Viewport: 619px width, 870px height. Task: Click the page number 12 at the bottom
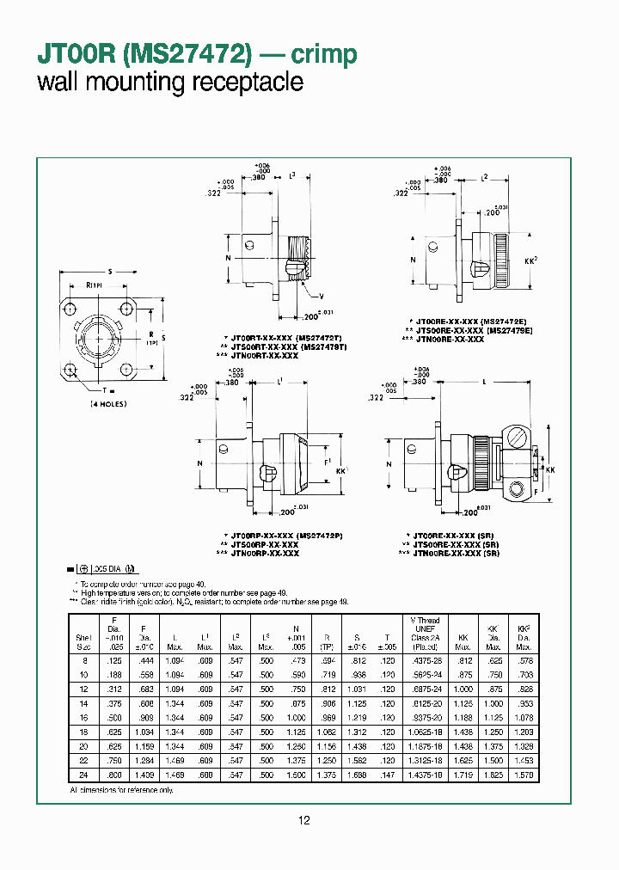pyautogui.click(x=303, y=821)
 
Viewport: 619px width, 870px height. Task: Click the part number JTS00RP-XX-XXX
pyautogui.click(x=260, y=544)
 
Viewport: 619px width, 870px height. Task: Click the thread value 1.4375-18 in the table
pyautogui.click(x=424, y=775)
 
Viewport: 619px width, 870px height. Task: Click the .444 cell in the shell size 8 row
pyautogui.click(x=145, y=659)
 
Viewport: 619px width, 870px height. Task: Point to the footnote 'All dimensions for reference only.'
pyautogui.click(x=121, y=788)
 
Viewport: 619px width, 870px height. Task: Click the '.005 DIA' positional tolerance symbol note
pyautogui.click(x=104, y=569)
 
